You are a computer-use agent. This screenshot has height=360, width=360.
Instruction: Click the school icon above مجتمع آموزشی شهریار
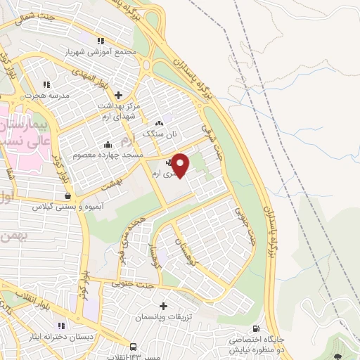[101, 41]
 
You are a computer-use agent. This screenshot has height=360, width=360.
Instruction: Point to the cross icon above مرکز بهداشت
[118, 94]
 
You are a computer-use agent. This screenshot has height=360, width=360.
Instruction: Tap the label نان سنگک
[156, 132]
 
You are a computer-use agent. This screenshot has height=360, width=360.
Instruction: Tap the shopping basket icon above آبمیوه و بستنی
[67, 196]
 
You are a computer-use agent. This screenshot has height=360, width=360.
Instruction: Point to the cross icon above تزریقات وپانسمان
[164, 306]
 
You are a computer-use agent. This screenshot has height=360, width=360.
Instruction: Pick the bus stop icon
[133, 347]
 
